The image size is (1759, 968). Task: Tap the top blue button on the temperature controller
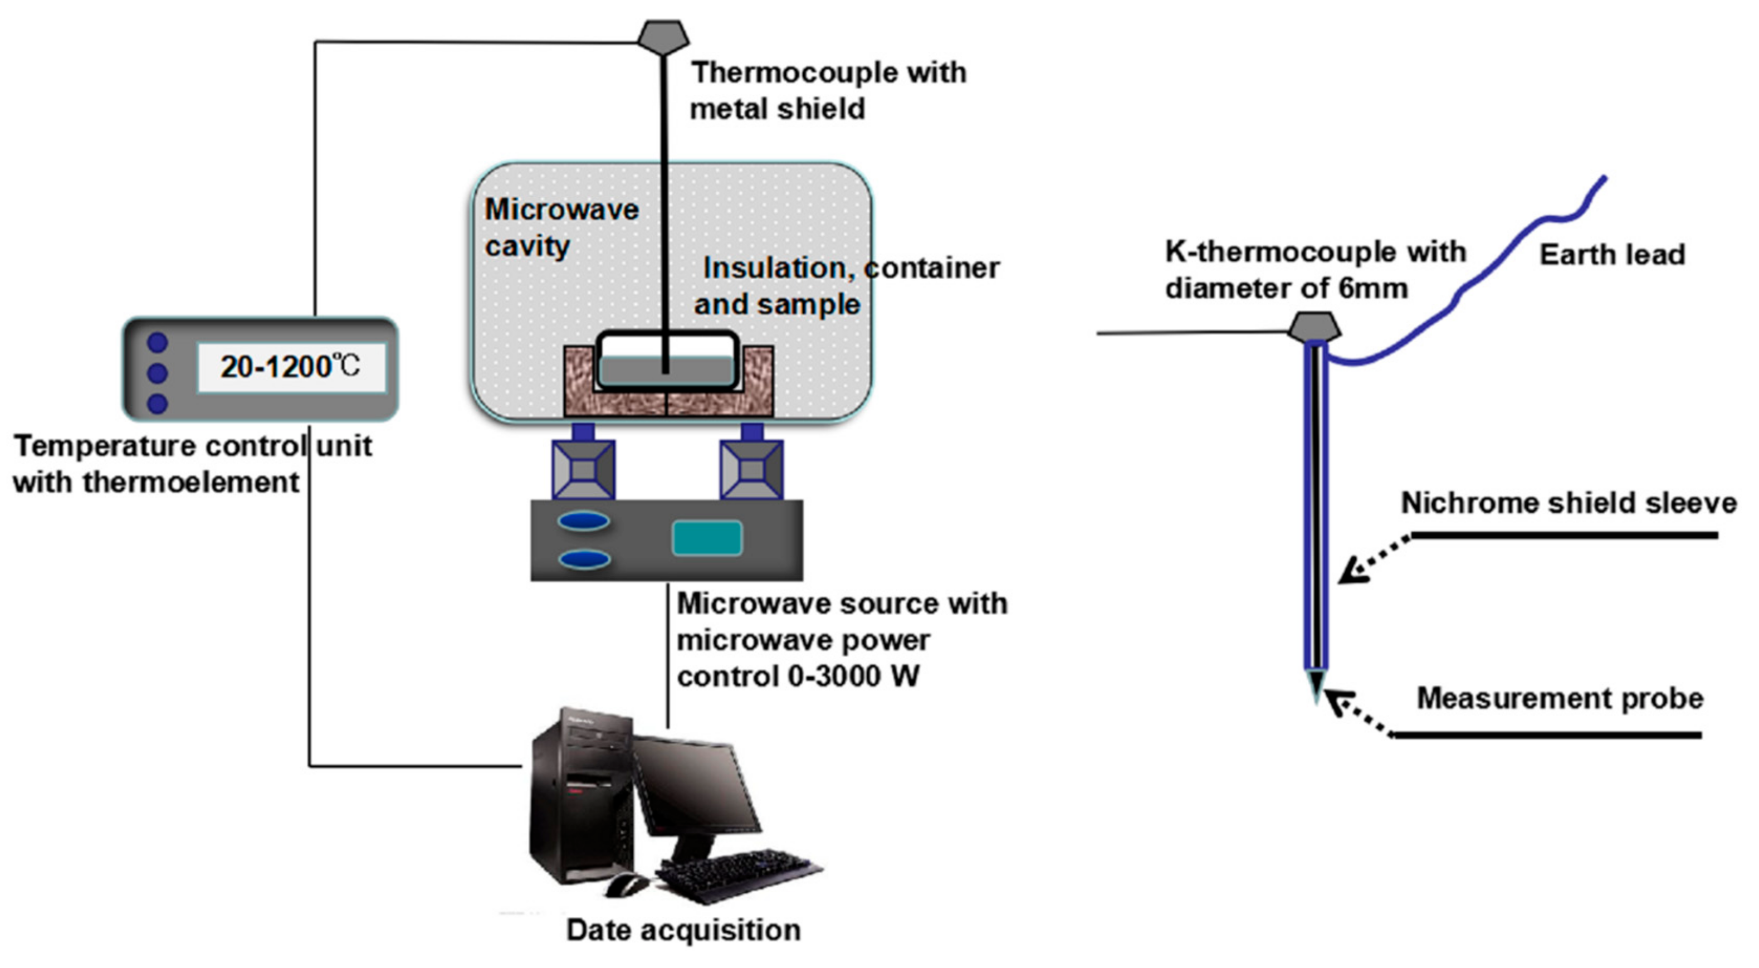158,342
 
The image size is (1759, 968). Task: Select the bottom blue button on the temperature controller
158,403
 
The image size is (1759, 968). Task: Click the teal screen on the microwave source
707,538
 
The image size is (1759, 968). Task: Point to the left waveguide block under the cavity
584,469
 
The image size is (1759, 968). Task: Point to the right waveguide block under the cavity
752,469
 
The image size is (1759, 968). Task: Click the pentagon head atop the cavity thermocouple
662,36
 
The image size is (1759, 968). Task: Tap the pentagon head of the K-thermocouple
1315,327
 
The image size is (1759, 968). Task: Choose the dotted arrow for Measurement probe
1359,714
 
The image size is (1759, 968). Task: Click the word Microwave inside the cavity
561,210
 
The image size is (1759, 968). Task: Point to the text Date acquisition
683,931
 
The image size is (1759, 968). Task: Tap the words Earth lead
1612,255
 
